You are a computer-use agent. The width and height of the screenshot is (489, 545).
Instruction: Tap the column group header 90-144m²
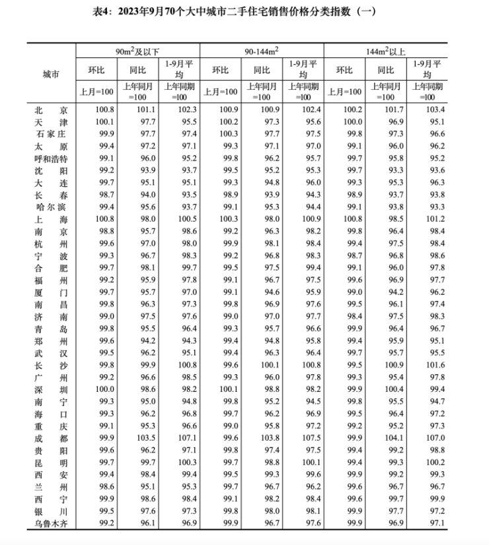pyautogui.click(x=262, y=50)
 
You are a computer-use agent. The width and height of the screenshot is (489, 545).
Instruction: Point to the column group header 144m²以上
pyautogui.click(x=386, y=50)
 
